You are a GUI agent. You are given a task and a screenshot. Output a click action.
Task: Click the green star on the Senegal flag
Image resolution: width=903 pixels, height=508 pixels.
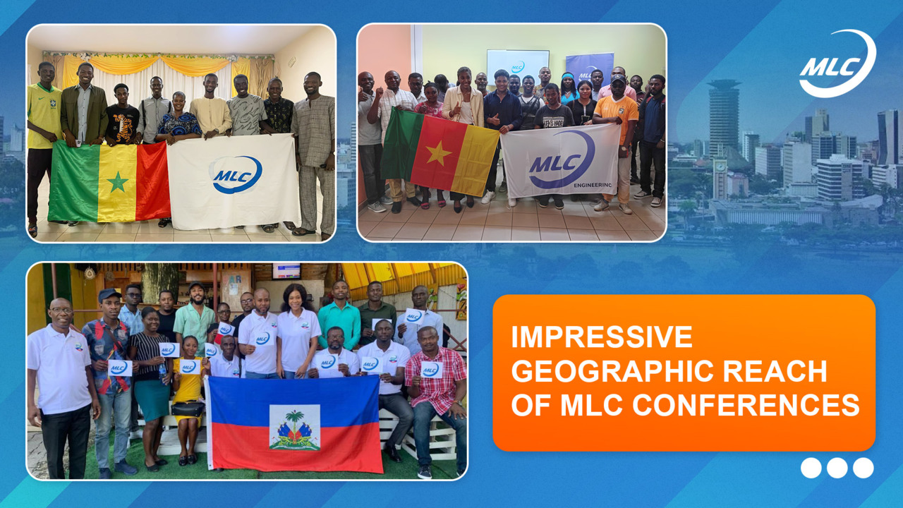[118, 182]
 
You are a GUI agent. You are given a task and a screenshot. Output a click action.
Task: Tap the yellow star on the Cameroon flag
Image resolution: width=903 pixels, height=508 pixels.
[438, 154]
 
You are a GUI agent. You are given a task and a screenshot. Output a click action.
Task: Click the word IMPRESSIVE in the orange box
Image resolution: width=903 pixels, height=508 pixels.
[602, 337]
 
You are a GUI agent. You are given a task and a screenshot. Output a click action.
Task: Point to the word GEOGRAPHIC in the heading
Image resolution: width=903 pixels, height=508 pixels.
[613, 371]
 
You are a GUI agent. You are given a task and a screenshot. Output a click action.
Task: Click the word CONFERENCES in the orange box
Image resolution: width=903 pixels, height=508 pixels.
[746, 405]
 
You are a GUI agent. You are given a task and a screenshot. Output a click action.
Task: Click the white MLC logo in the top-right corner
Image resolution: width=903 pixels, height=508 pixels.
[837, 64]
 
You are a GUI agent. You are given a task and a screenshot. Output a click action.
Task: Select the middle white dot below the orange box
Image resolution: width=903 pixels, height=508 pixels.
[837, 468]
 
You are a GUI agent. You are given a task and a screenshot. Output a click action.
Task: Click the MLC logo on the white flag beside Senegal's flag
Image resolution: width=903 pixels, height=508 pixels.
[236, 174]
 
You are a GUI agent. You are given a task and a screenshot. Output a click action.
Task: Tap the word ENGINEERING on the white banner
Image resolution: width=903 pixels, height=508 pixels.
[593, 185]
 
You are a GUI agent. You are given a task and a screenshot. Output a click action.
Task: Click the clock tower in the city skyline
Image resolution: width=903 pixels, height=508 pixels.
[720, 179]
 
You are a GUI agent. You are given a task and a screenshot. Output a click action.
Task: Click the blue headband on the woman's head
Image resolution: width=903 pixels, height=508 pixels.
[568, 75]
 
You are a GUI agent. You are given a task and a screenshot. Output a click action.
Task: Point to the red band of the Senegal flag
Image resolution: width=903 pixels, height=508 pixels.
[153, 181]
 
